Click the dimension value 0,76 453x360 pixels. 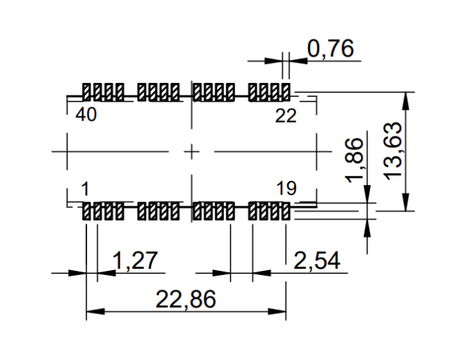(x=330, y=49)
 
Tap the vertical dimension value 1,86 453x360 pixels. (x=355, y=159)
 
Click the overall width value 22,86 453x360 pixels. (x=185, y=300)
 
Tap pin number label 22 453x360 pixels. (x=285, y=116)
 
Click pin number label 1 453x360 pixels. (x=84, y=188)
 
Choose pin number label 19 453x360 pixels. (x=286, y=188)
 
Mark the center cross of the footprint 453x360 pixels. (x=191, y=151)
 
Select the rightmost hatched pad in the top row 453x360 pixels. (x=285, y=91)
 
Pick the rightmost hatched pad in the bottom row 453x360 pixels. (x=285, y=210)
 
